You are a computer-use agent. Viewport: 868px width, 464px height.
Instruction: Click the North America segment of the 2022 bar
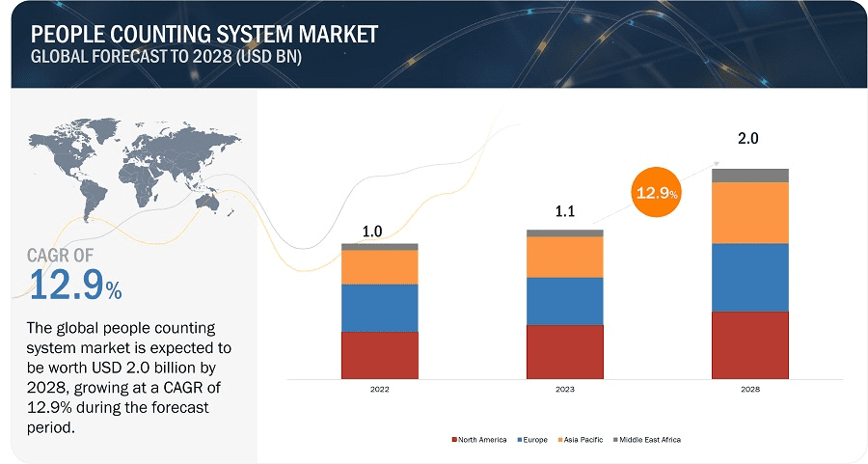pyautogui.click(x=379, y=355)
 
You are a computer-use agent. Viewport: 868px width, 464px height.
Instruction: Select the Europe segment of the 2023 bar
pyautogui.click(x=564, y=301)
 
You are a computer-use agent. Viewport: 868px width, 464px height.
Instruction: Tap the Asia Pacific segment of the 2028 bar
pyautogui.click(x=749, y=212)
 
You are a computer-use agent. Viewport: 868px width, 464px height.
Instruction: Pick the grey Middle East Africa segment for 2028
pyautogui.click(x=749, y=175)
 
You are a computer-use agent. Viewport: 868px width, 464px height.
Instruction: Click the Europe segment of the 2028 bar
pyautogui.click(x=749, y=277)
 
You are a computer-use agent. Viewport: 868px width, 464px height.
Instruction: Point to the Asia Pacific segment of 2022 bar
pyautogui.click(x=379, y=267)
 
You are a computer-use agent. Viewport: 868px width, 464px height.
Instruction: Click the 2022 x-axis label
pyautogui.click(x=379, y=389)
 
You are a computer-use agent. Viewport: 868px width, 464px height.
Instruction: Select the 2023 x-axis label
pyautogui.click(x=564, y=389)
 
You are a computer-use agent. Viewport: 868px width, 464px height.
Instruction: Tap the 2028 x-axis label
pyautogui.click(x=749, y=389)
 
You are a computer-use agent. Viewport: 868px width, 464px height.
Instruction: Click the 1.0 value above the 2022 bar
pyautogui.click(x=372, y=232)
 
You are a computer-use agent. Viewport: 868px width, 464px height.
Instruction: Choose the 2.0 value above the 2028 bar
pyautogui.click(x=748, y=139)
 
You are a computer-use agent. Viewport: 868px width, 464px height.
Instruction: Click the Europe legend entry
pyautogui.click(x=535, y=440)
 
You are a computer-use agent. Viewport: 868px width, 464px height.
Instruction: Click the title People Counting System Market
pyautogui.click(x=204, y=35)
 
